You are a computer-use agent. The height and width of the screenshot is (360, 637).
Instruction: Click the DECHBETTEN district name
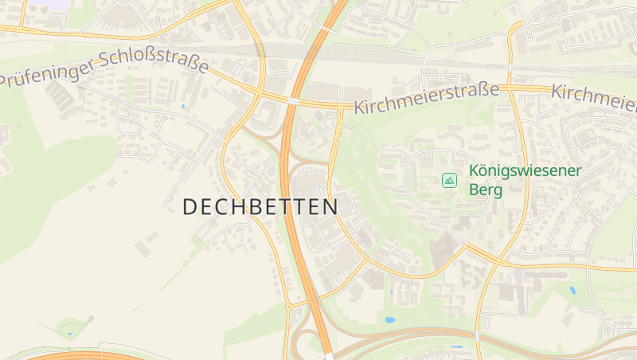260,206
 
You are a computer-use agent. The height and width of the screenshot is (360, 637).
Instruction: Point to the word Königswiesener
526,170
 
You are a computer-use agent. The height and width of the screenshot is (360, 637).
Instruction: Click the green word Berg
486,190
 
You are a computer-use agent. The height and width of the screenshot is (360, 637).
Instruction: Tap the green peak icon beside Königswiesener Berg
449,181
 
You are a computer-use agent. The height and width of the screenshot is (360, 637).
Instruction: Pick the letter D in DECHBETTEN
190,206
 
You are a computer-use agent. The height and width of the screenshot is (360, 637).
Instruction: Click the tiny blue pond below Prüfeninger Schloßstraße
182,106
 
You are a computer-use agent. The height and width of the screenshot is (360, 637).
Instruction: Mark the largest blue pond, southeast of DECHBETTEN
389,320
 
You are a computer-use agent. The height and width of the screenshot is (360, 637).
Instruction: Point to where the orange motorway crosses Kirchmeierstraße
294,101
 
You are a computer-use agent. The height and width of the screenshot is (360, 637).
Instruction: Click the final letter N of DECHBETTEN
330,206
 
